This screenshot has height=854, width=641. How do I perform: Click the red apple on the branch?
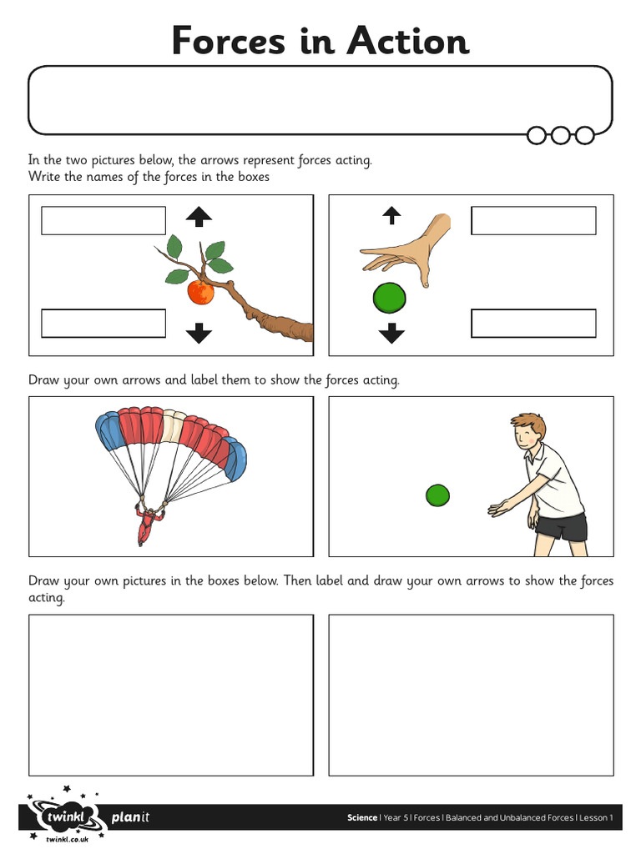(200, 292)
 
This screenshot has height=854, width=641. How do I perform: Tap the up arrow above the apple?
(199, 218)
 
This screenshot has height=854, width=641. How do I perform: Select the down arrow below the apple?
(199, 333)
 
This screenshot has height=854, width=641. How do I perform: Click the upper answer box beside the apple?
(103, 221)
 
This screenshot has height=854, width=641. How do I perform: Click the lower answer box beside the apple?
(103, 324)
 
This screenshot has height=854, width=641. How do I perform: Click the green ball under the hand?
(389, 297)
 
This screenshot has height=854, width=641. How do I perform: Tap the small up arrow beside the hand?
(391, 216)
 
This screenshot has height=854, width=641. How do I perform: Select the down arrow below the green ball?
(391, 334)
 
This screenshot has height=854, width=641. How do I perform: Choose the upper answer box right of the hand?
(533, 221)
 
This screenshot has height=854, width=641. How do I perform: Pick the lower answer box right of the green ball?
(533, 324)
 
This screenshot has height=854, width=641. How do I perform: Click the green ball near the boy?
(437, 495)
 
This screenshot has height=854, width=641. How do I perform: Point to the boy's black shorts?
(561, 525)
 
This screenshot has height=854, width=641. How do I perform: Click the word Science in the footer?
(362, 817)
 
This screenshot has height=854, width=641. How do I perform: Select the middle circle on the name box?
(561, 134)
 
